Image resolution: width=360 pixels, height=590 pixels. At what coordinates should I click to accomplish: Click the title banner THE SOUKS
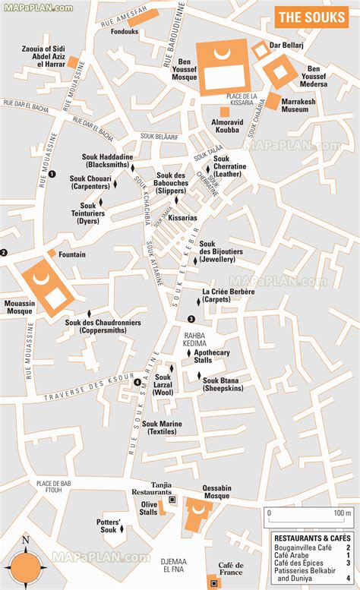(311, 17)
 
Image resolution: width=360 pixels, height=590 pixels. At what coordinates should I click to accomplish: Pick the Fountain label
(71, 254)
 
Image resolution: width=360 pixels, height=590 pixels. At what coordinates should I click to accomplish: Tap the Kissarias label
(182, 217)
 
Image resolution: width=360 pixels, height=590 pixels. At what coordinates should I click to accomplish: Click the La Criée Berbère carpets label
(226, 295)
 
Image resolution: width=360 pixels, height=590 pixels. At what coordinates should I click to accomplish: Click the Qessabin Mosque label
(216, 493)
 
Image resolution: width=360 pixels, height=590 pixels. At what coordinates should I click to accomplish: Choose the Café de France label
(231, 569)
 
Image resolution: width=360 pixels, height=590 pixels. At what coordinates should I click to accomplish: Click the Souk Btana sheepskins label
(223, 384)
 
